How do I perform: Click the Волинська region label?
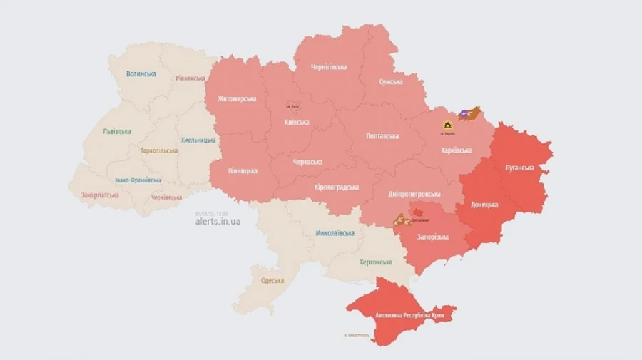(x=141, y=73)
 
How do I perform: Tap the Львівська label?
(x=116, y=132)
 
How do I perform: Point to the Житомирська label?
(x=237, y=98)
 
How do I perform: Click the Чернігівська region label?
(x=329, y=67)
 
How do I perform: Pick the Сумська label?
(x=390, y=82)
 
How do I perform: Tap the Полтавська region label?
(x=382, y=135)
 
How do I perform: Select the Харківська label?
(x=456, y=150)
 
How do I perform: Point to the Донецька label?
(x=485, y=205)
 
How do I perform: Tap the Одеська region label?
(x=272, y=280)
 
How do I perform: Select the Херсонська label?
(x=374, y=262)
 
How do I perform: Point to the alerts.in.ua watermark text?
(x=218, y=222)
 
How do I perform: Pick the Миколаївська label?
(x=335, y=233)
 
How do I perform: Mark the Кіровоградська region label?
(x=336, y=187)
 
